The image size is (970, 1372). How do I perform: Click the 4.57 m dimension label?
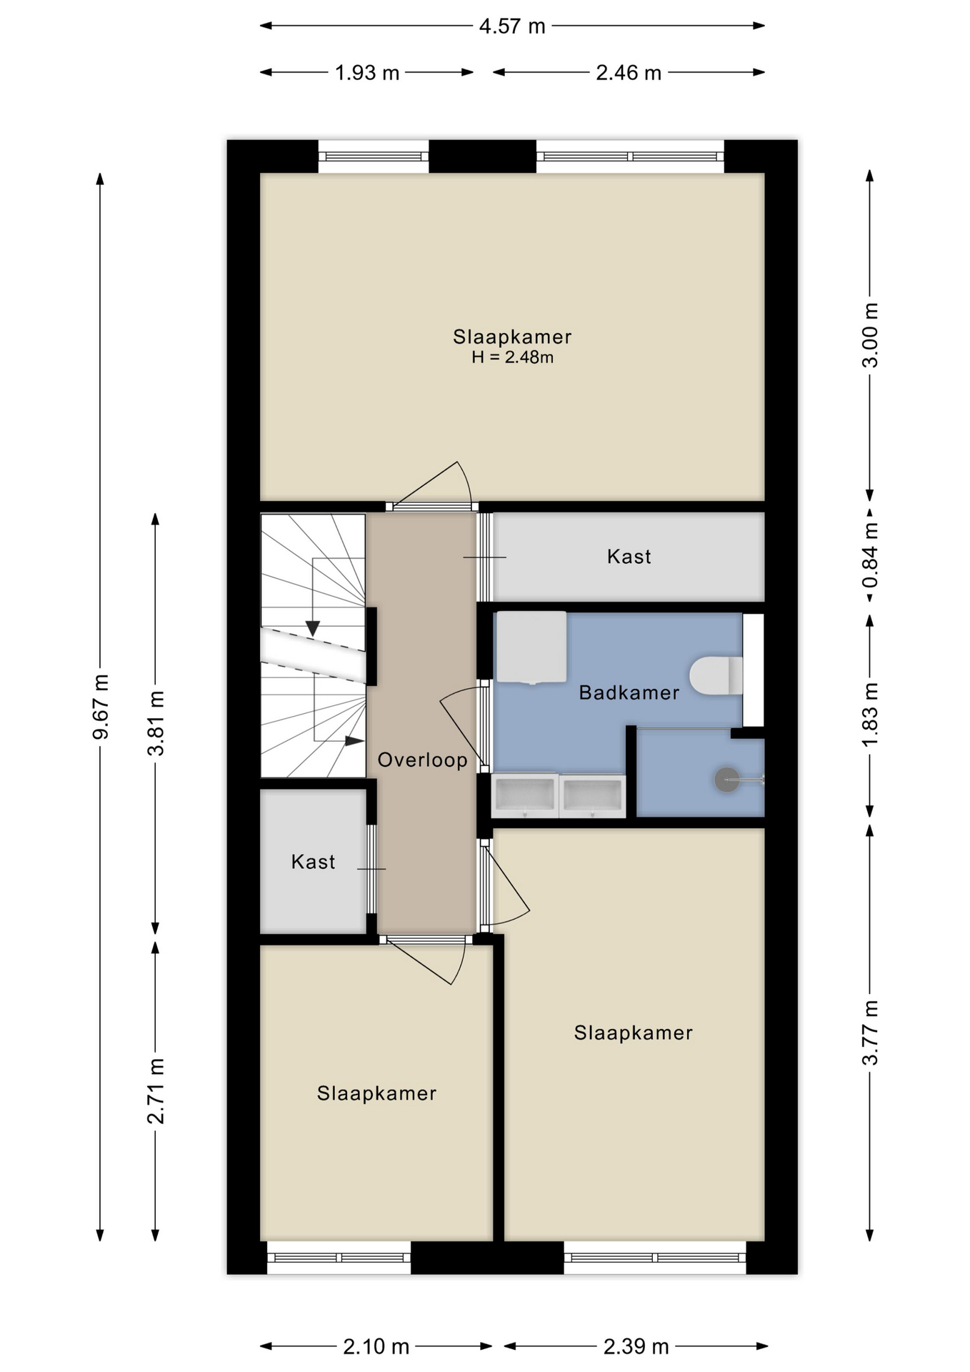(512, 26)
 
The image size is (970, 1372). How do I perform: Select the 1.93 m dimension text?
(367, 73)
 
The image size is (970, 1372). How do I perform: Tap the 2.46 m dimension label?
(629, 73)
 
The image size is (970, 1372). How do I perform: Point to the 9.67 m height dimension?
(101, 707)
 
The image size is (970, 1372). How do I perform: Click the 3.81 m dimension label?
(156, 723)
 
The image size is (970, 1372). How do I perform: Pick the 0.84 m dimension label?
(870, 555)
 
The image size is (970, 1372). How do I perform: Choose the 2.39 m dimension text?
(636, 1347)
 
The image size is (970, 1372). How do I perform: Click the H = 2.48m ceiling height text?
(512, 357)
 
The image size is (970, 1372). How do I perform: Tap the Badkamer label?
(629, 692)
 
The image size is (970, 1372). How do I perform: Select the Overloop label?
(422, 760)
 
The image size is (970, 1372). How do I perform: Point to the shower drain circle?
(727, 780)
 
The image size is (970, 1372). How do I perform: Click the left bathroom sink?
(525, 795)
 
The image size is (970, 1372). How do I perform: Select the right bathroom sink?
(593, 795)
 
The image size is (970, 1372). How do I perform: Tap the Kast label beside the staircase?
(313, 862)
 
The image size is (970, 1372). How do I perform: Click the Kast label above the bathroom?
(629, 557)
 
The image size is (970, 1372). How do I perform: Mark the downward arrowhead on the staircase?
(313, 628)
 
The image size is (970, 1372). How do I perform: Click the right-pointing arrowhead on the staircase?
(354, 741)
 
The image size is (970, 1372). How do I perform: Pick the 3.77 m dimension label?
(870, 1033)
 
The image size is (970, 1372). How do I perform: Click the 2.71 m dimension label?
(156, 1091)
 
